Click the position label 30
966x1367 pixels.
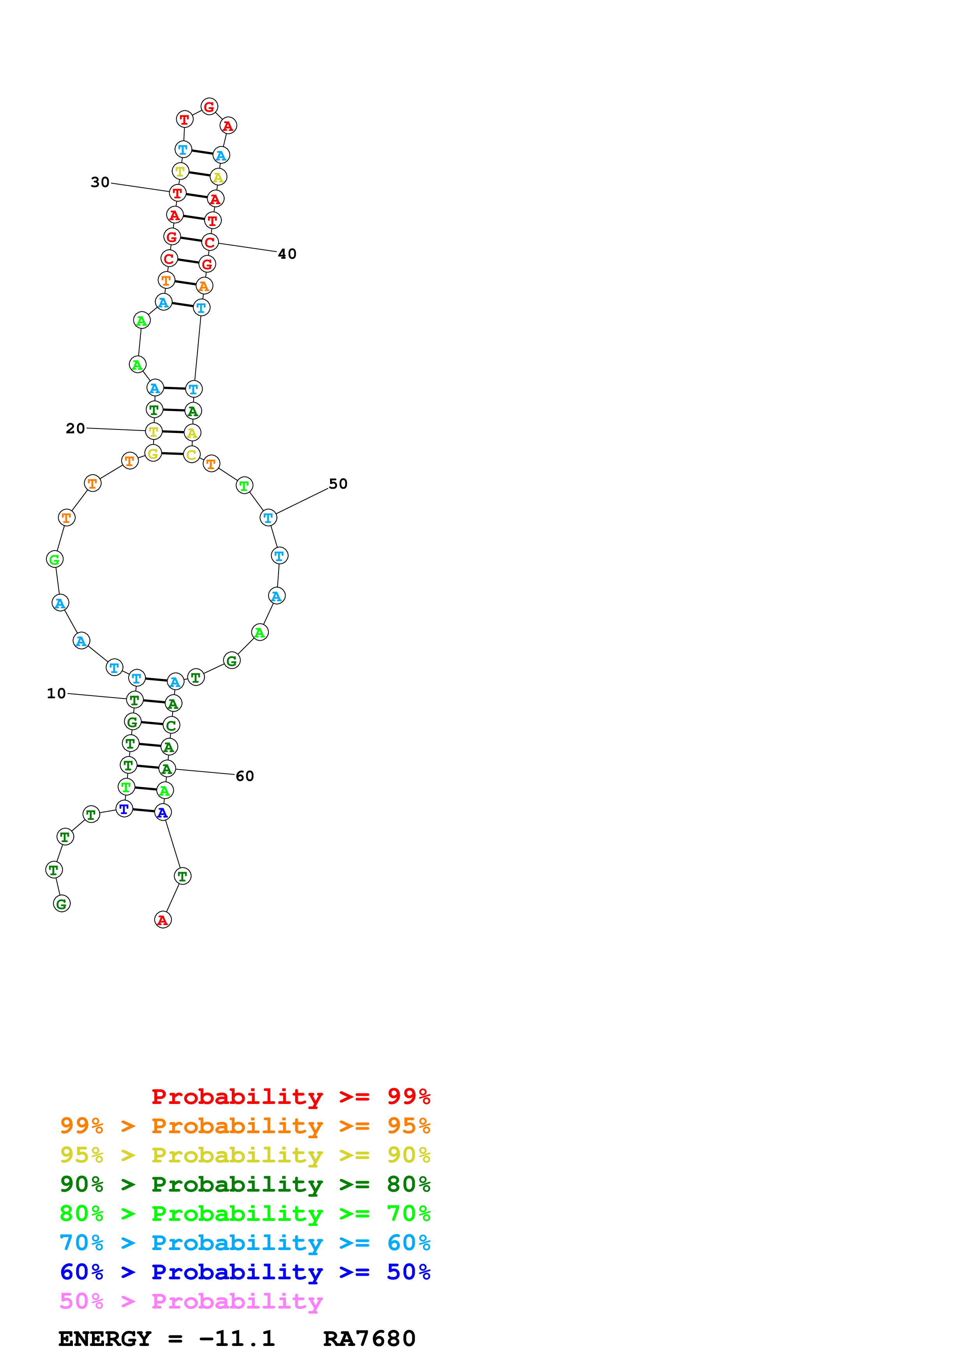(100, 182)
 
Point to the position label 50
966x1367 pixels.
(338, 484)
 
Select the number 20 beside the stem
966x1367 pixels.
(75, 429)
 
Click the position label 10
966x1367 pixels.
(56, 694)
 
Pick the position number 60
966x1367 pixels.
(245, 776)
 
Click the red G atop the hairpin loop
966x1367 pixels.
(209, 107)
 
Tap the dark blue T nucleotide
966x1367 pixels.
(124, 809)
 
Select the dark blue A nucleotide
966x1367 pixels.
(162, 813)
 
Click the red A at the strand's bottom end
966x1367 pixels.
(162, 920)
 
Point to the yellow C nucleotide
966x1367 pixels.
(191, 455)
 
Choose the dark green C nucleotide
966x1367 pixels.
(171, 725)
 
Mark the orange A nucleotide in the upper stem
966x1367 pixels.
(204, 286)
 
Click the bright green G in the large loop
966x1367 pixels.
(55, 560)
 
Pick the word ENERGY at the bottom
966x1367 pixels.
(105, 1339)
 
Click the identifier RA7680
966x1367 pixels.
(369, 1339)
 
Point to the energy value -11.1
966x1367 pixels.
(237, 1339)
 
